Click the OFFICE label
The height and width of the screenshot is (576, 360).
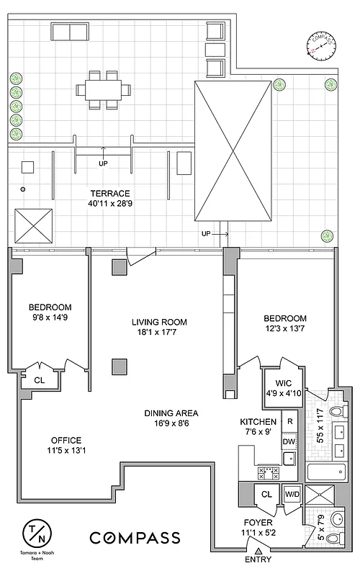click(66, 441)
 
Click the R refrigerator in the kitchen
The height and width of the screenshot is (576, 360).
click(289, 421)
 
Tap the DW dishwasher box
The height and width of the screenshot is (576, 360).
click(289, 441)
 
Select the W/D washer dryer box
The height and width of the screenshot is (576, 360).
click(292, 494)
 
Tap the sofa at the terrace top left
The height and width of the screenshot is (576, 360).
click(68, 32)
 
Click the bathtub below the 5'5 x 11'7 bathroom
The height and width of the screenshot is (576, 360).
click(328, 473)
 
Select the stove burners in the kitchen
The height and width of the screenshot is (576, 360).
click(269, 473)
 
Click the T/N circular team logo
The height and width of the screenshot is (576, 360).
click(39, 535)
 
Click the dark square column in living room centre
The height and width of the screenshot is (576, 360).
click(120, 366)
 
